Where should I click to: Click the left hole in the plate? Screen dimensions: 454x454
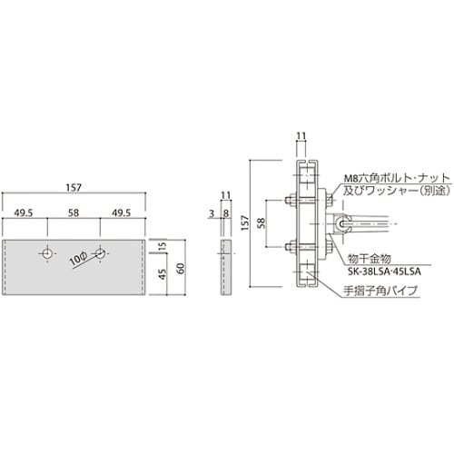[x=47, y=256]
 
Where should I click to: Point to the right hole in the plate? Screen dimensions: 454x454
[x=100, y=256]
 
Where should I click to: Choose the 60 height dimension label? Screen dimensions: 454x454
[x=180, y=269]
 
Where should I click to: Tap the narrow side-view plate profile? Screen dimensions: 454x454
[x=224, y=269]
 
